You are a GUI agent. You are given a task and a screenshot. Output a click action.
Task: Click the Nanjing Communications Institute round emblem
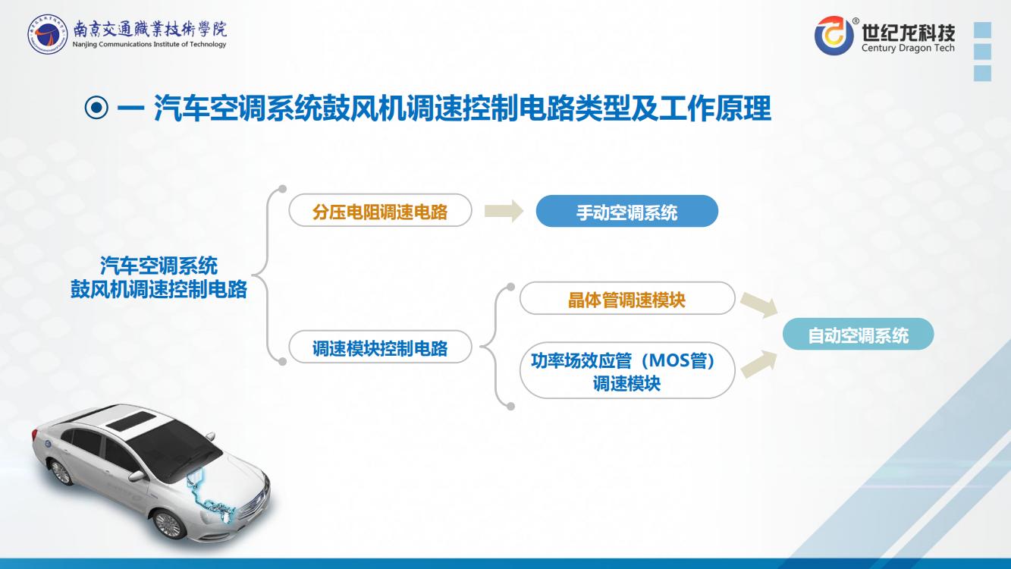(47, 34)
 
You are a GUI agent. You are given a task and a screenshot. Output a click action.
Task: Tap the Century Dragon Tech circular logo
(834, 36)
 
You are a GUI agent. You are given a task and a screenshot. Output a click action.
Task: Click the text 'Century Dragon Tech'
(908, 48)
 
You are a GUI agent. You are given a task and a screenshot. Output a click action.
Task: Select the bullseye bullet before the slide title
(96, 108)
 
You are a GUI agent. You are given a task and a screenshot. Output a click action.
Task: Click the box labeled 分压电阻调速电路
(380, 210)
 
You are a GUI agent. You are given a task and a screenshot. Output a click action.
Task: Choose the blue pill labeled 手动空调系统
(627, 211)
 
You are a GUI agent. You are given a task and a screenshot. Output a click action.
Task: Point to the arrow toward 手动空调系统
(504, 211)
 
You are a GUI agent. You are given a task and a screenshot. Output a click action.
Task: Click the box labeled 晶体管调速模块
(627, 298)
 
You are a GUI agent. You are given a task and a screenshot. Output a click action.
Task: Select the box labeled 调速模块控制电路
(380, 347)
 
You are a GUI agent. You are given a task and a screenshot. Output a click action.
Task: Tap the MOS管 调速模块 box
(627, 370)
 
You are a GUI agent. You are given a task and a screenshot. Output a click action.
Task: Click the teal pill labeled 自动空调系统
(858, 334)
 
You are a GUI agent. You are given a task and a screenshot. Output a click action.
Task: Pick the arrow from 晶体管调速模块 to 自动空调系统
(759, 305)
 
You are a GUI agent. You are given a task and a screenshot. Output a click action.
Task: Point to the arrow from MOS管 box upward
(759, 364)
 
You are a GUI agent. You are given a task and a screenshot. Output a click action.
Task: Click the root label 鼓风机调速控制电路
(159, 289)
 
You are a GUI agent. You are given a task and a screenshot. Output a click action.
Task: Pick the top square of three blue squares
(983, 30)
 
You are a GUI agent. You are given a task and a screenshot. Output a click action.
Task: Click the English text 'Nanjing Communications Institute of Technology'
(149, 44)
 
